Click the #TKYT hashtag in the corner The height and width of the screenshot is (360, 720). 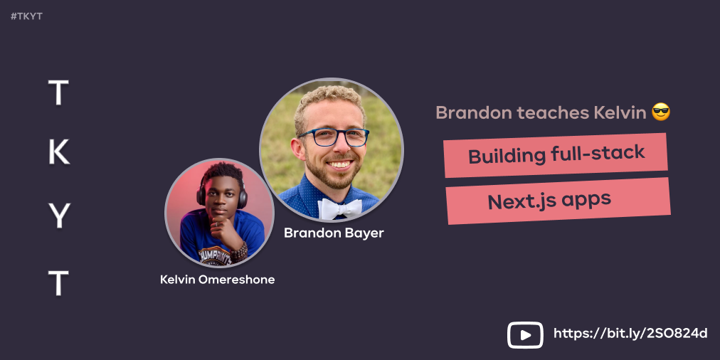click(x=27, y=16)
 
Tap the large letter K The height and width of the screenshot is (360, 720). click(x=58, y=152)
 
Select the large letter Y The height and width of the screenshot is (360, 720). click(x=58, y=216)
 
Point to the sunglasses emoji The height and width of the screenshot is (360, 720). click(x=661, y=112)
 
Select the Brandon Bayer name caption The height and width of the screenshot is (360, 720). click(x=334, y=233)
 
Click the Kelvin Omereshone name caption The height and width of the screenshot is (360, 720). click(x=217, y=280)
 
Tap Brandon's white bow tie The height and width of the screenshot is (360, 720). click(x=339, y=208)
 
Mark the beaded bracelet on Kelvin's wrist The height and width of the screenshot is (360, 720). click(x=239, y=250)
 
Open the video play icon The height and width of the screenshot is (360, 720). click(x=525, y=334)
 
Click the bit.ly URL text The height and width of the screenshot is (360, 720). click(x=630, y=334)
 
